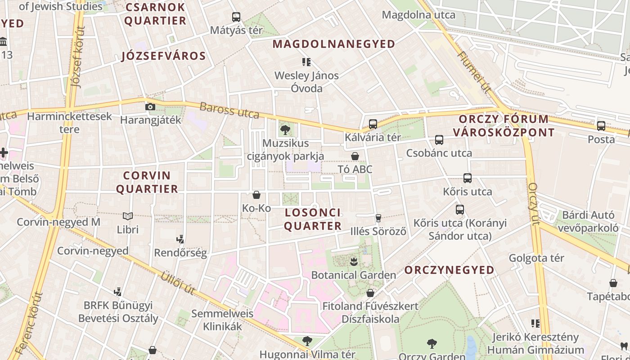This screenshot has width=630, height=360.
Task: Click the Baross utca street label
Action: (x=229, y=110)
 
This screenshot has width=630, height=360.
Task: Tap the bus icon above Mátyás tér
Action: (x=236, y=17)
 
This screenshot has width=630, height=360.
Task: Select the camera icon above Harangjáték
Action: (x=150, y=107)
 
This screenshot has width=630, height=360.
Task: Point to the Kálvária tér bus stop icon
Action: (x=373, y=124)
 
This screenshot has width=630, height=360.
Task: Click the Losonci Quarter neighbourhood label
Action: (x=313, y=219)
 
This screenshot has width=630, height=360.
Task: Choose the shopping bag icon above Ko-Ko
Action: (x=256, y=195)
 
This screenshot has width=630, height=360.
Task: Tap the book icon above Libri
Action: (x=128, y=216)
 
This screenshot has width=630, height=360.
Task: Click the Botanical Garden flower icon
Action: (x=354, y=261)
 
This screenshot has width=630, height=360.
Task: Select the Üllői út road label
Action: (x=178, y=283)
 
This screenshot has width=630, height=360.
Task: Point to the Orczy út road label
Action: (x=534, y=203)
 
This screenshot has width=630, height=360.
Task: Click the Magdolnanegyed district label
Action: (x=334, y=44)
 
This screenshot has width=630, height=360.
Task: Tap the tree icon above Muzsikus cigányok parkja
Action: (x=285, y=130)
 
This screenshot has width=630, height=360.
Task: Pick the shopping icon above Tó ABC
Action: (x=355, y=156)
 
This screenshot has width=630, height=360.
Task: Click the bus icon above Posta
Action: (x=601, y=126)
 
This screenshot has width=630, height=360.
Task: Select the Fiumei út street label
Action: (x=473, y=72)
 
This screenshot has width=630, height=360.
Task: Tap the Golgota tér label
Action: (x=536, y=258)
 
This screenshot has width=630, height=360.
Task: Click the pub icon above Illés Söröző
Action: (x=378, y=218)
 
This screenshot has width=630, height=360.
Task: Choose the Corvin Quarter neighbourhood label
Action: (x=147, y=182)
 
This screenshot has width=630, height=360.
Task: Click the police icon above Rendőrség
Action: (x=180, y=239)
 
